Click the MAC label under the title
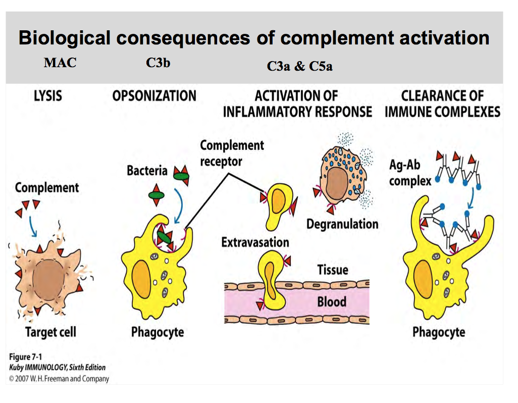(60, 63)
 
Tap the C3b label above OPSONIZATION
(158, 63)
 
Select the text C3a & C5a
(299, 66)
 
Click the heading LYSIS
(48, 95)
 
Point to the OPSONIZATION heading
(154, 95)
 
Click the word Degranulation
(342, 224)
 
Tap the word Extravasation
(255, 242)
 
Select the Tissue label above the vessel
(332, 270)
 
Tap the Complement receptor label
(232, 153)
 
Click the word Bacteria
(147, 171)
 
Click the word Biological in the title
(64, 38)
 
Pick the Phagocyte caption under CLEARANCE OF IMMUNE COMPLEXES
(438, 332)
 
